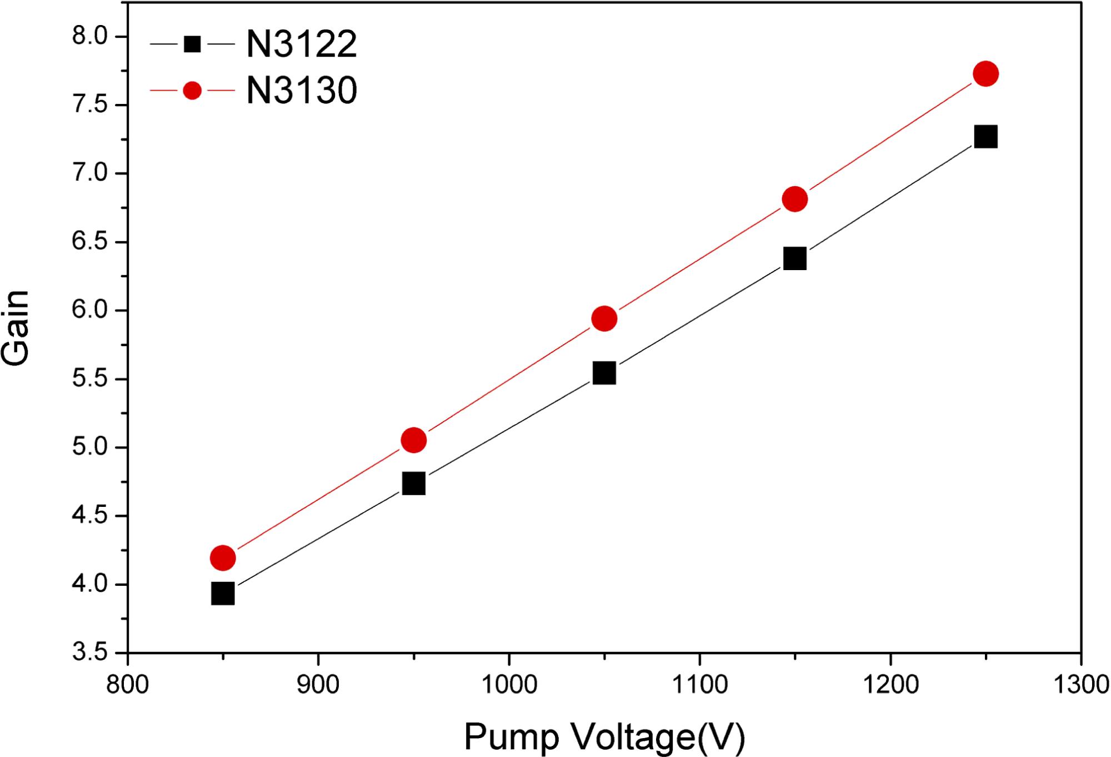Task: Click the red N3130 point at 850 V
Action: pos(223,557)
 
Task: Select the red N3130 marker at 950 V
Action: pos(413,440)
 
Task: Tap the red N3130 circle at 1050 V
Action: pos(604,318)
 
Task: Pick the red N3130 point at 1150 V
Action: pos(794,199)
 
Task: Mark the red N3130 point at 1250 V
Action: pos(985,74)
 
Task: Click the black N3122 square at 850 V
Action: pos(223,594)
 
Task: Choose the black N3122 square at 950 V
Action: pos(413,484)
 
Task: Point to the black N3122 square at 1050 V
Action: pos(604,373)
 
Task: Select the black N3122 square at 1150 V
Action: pos(794,258)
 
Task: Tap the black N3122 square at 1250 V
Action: pos(985,137)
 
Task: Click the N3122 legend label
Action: pos(301,44)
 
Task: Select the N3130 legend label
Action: pos(301,91)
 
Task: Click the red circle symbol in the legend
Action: pos(192,91)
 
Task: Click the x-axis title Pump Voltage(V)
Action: pos(604,737)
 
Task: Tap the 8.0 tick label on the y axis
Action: pos(89,37)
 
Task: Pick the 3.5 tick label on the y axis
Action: pos(89,652)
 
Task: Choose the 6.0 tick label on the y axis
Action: pos(89,311)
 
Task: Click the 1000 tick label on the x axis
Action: pos(509,684)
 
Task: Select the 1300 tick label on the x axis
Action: pos(1080,684)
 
